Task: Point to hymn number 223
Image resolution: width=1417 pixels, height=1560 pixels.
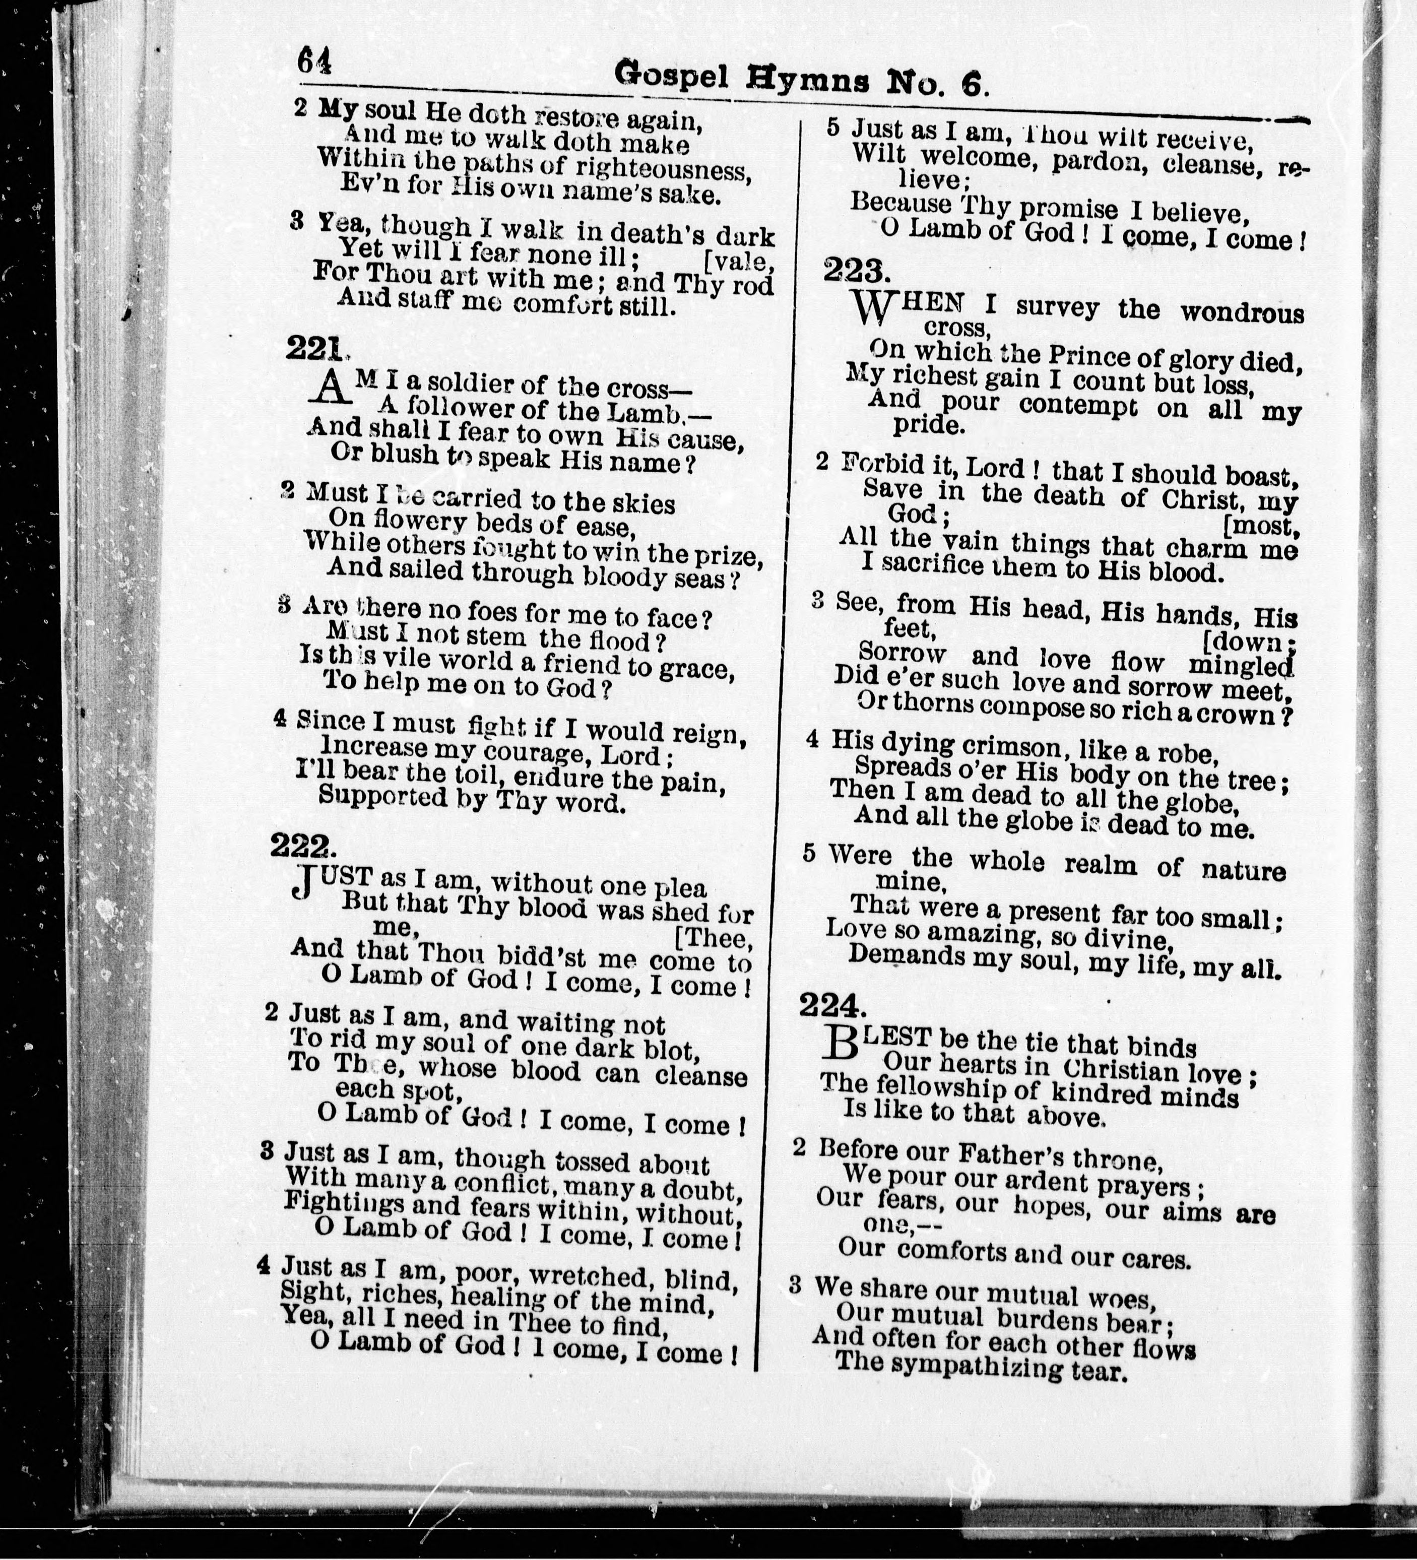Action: tap(852, 271)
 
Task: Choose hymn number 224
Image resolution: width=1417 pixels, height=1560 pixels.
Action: tap(829, 1006)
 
